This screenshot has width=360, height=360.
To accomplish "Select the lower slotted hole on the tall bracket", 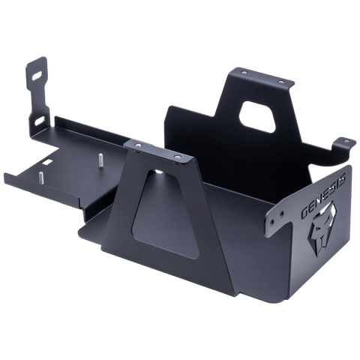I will (x=37, y=118).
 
